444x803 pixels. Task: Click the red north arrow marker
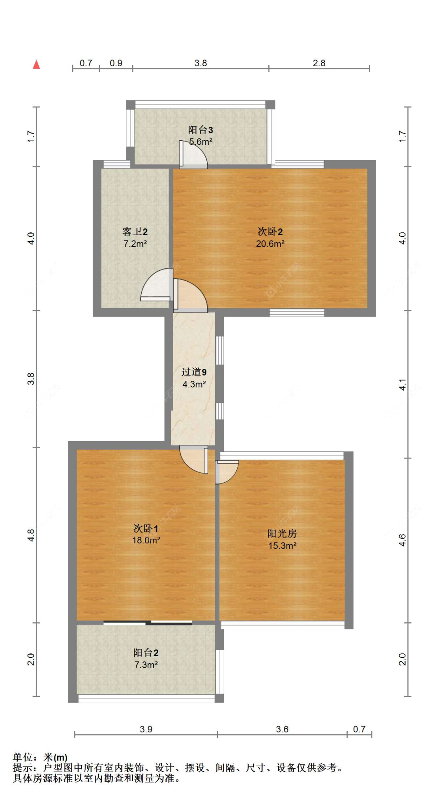coord(36,64)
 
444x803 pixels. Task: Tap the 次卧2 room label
coord(270,232)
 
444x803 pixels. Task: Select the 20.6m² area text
coord(270,244)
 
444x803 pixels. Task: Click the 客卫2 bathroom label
coord(135,232)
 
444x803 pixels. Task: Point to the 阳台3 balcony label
coord(200,130)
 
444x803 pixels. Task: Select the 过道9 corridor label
coord(194,372)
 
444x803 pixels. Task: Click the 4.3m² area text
coord(194,384)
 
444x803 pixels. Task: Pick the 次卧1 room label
coord(146,528)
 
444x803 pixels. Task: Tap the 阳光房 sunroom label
coord(282,533)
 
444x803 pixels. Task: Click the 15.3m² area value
coord(282,546)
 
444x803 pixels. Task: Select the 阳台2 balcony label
coord(146,653)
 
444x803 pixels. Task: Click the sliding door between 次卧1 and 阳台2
coord(148,623)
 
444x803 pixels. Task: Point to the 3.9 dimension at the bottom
coord(146,729)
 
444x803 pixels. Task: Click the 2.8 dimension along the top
coord(319,63)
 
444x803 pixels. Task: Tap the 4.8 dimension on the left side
coord(31,535)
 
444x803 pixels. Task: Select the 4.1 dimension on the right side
coord(402,384)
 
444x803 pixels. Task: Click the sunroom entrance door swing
coord(226,472)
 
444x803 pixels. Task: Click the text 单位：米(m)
coord(40,757)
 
